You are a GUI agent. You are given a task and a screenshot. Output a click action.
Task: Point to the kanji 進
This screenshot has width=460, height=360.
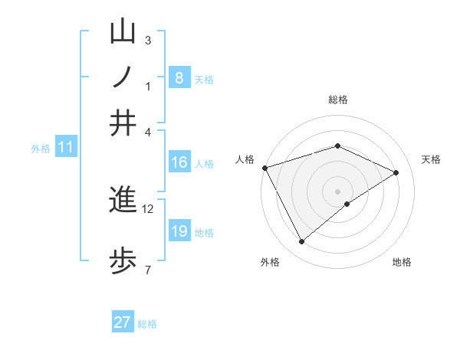click(x=123, y=200)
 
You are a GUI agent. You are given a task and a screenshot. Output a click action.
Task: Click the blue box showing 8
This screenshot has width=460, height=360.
click(x=179, y=78)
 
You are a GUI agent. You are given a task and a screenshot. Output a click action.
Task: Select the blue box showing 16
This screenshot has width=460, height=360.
click(x=179, y=162)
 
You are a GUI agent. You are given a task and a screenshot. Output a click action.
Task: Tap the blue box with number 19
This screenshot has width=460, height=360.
click(x=179, y=231)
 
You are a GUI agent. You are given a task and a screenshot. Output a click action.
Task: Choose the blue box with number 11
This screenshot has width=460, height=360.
click(x=65, y=147)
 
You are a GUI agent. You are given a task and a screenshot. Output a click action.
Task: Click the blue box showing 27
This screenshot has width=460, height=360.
click(x=123, y=322)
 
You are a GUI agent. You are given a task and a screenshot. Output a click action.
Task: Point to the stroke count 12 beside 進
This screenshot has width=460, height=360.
click(x=148, y=208)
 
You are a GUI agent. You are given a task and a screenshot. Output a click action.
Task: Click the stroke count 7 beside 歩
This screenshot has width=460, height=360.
click(x=148, y=269)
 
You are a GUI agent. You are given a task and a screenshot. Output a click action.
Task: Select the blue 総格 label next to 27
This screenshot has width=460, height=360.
click(x=147, y=324)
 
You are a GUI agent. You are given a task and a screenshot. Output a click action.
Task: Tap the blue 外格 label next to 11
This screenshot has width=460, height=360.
click(x=41, y=149)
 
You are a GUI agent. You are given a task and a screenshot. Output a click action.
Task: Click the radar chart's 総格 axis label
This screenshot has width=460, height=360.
click(x=337, y=100)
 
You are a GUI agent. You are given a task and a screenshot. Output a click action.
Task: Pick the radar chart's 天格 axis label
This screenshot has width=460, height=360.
click(x=432, y=159)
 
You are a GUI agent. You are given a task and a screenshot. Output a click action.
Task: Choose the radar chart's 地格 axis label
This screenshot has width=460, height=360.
click(x=402, y=263)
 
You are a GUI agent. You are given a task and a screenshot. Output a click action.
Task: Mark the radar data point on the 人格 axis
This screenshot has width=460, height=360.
click(x=264, y=168)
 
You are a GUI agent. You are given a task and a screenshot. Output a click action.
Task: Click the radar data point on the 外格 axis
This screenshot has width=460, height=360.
click(x=301, y=242)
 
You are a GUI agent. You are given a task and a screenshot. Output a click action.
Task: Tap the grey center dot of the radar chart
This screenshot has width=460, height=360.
click(x=338, y=191)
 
